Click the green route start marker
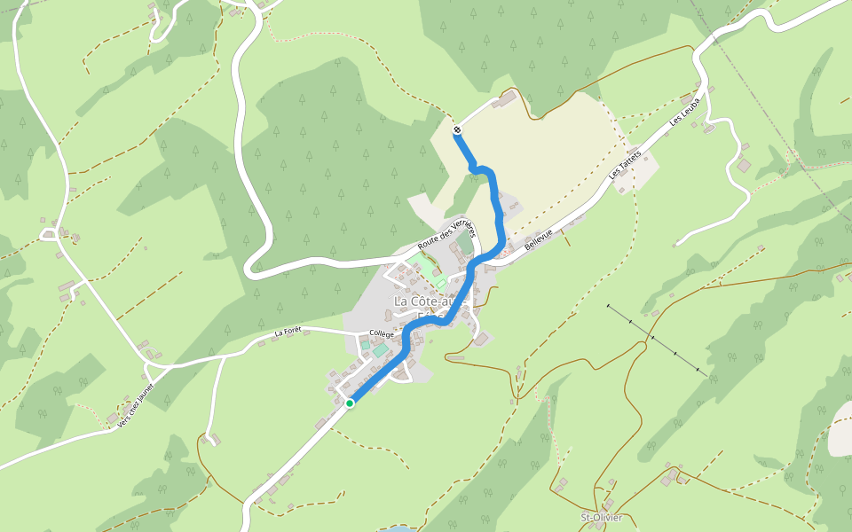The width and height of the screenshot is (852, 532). click(x=350, y=403)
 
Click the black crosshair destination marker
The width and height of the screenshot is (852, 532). click(x=457, y=130)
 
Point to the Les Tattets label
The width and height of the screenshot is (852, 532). click(x=625, y=167)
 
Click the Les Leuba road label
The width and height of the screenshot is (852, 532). click(x=686, y=112)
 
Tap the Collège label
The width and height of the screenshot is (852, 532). click(x=382, y=334)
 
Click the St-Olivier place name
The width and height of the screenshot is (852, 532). click(x=601, y=518)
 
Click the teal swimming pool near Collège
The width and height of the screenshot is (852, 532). click(x=380, y=351)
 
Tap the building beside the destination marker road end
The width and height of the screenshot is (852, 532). click(x=505, y=100)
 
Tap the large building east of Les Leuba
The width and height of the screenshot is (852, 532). click(x=744, y=165)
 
